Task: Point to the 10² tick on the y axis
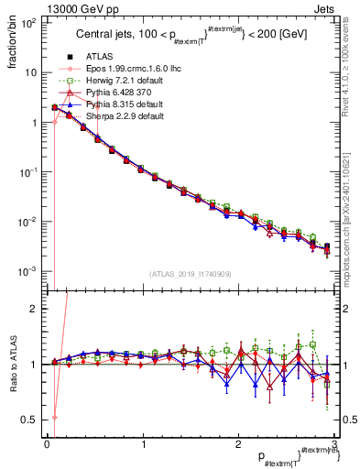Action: (x=29, y=23)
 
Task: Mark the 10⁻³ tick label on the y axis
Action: (x=29, y=271)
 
